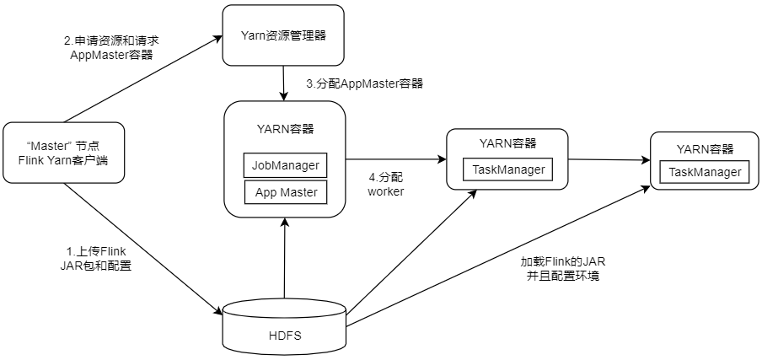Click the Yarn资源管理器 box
tap(283, 35)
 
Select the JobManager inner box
tap(285, 164)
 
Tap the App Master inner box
tap(285, 192)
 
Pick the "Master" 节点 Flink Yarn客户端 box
tap(63, 152)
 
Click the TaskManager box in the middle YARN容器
tap(507, 169)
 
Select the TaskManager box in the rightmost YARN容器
tap(705, 172)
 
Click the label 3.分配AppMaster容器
tap(364, 83)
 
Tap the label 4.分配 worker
tap(386, 184)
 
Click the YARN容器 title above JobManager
tap(285, 129)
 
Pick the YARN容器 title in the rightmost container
tap(705, 149)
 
